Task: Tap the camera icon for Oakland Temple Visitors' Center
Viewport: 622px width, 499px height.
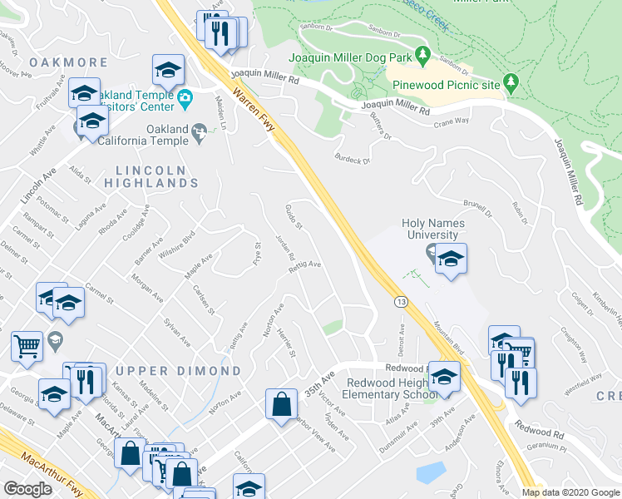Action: click(185, 99)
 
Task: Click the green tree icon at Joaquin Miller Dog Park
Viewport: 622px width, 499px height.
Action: click(422, 56)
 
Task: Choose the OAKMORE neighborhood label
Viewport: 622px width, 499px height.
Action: click(68, 62)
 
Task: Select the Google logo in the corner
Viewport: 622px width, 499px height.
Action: click(27, 489)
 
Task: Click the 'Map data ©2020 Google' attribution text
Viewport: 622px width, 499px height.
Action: click(570, 492)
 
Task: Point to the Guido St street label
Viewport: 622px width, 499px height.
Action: click(293, 218)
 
